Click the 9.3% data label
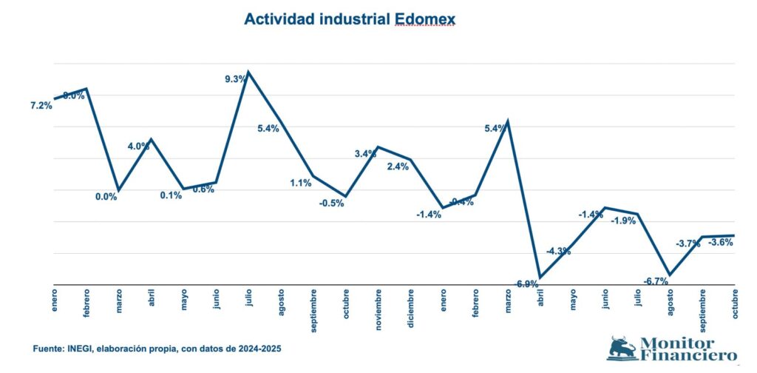[x=236, y=79]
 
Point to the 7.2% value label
[x=41, y=106]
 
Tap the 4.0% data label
[x=139, y=147]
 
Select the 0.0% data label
[x=106, y=197]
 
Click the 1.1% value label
[x=302, y=182]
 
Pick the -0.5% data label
[x=331, y=204]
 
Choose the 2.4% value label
[x=398, y=167]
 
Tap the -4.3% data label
[x=558, y=251]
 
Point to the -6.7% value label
[x=656, y=281]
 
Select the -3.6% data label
[x=721, y=242]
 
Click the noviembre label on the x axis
[x=378, y=309]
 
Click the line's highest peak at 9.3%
[x=248, y=72]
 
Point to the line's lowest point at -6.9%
[x=540, y=278]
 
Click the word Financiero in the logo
[x=685, y=355]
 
